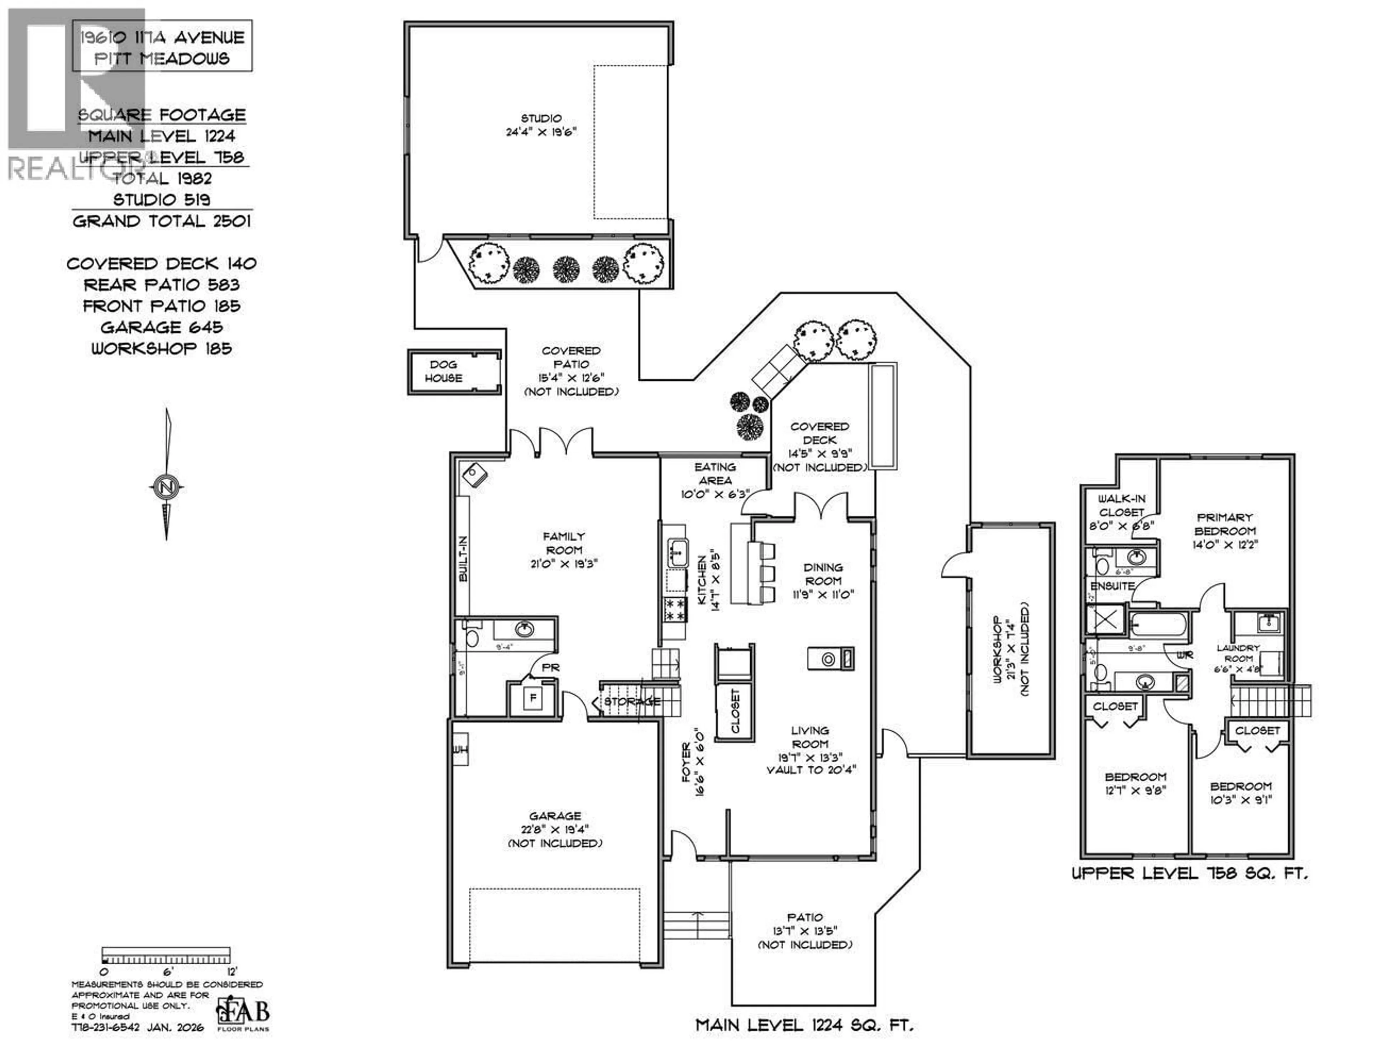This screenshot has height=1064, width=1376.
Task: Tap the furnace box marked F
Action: point(533,698)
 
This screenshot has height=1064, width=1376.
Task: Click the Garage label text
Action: point(554,816)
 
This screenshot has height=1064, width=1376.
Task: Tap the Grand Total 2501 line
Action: point(162,221)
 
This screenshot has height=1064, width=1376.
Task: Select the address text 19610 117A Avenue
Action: point(162,38)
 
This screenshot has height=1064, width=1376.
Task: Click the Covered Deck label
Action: point(819,433)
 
